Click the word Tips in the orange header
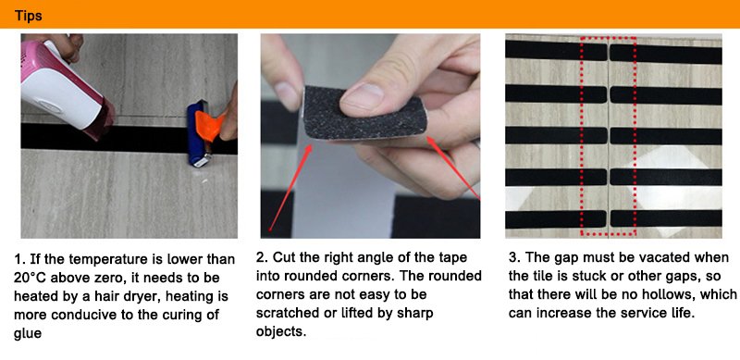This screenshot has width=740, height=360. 29,16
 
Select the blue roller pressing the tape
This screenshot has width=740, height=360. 197,133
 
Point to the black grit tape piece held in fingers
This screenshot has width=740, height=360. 364,112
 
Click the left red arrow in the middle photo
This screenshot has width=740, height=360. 290,188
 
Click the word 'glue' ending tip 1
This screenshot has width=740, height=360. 28,333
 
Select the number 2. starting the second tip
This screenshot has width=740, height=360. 262,257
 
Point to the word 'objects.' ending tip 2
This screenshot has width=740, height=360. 281,331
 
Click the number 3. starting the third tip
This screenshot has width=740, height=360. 514,257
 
